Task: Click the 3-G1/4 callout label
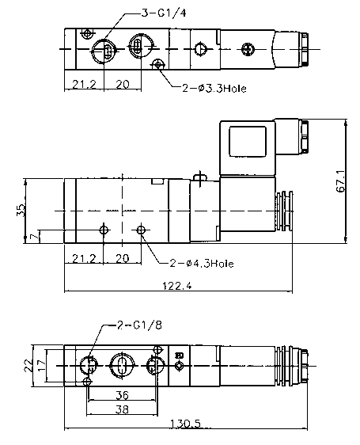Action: (164, 13)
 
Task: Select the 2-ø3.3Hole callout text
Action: (214, 89)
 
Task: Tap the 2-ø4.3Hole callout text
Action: (202, 264)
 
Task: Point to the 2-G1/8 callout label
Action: (139, 325)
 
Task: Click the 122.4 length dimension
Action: (177, 285)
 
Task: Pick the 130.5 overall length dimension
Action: (185, 424)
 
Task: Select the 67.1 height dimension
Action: (341, 181)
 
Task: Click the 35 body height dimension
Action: (21, 211)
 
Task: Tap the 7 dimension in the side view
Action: (34, 237)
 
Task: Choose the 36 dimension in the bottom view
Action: (123, 395)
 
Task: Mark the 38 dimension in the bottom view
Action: (122, 409)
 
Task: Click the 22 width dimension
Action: (28, 366)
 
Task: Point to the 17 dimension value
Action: (41, 366)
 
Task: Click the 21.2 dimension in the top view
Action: (84, 84)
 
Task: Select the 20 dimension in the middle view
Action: (123, 259)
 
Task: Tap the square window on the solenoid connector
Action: (248, 141)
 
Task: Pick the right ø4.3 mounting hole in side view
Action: (141, 230)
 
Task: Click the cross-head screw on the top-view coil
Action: (248, 49)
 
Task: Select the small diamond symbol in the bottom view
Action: (179, 366)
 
